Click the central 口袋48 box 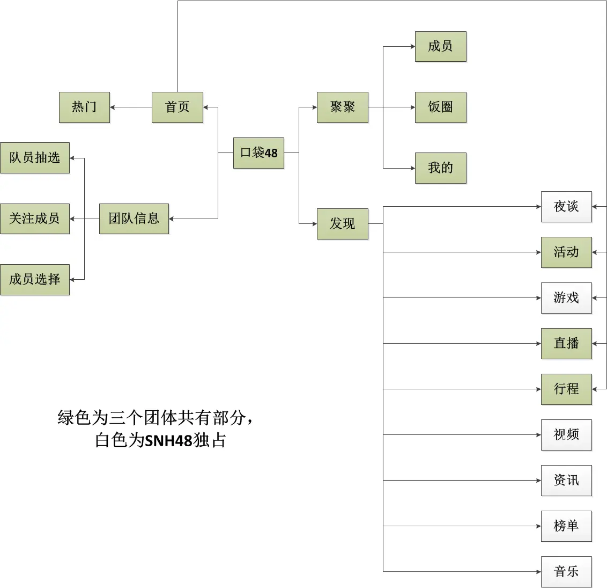click(x=258, y=153)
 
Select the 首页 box click(x=177, y=107)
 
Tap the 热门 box click(x=84, y=107)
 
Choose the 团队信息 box click(x=134, y=219)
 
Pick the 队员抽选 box click(x=35, y=158)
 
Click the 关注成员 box click(x=35, y=219)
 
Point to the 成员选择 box click(x=35, y=279)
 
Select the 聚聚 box click(x=343, y=107)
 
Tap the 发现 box click(x=343, y=223)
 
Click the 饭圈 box click(x=441, y=107)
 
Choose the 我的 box click(x=441, y=168)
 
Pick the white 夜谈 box click(x=566, y=207)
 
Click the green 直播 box click(x=566, y=344)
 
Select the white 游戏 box click(x=566, y=297)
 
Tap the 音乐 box click(x=566, y=572)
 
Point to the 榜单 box click(x=566, y=526)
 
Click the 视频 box click(x=566, y=434)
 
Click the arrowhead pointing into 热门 click(x=112, y=107)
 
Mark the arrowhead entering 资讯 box click(x=538, y=481)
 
